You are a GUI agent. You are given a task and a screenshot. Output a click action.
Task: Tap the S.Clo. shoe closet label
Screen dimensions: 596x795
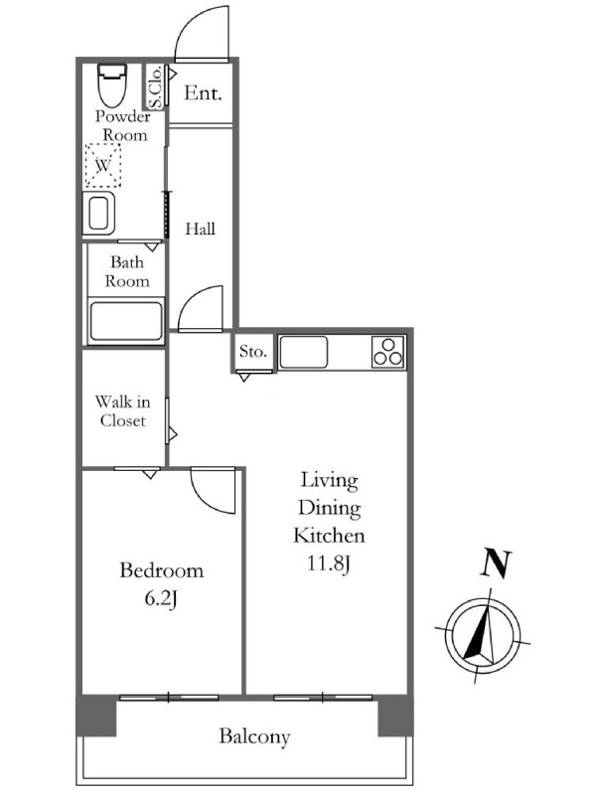(x=156, y=86)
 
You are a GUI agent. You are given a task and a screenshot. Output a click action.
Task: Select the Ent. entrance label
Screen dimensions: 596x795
(x=203, y=92)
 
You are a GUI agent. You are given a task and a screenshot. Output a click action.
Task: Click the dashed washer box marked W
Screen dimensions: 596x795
(x=103, y=165)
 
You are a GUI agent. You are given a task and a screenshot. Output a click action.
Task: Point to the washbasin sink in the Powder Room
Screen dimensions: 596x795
(x=98, y=214)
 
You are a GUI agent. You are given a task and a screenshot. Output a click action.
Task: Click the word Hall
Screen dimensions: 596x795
(x=201, y=229)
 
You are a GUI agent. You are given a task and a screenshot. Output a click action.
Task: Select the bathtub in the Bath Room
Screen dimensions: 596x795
(x=126, y=321)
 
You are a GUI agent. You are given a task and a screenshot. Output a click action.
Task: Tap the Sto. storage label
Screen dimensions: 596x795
(x=253, y=351)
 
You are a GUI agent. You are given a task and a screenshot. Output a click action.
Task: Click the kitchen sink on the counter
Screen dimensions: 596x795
(x=304, y=352)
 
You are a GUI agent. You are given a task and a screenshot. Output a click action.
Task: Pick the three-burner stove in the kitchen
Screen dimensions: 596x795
(x=388, y=352)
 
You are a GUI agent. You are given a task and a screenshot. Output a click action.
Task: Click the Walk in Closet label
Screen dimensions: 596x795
(x=122, y=411)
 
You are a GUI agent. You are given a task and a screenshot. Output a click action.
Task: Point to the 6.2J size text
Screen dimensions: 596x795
(x=161, y=599)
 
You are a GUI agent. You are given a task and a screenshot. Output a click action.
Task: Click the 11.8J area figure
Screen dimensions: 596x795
(x=329, y=563)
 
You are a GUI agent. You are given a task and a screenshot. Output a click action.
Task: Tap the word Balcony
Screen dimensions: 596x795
(x=254, y=736)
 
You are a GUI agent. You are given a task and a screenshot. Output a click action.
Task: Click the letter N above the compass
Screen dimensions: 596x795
(x=496, y=563)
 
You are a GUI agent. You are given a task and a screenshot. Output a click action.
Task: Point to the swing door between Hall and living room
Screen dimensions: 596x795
(x=201, y=308)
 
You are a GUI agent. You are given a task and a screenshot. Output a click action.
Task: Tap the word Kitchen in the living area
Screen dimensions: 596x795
(x=329, y=536)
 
